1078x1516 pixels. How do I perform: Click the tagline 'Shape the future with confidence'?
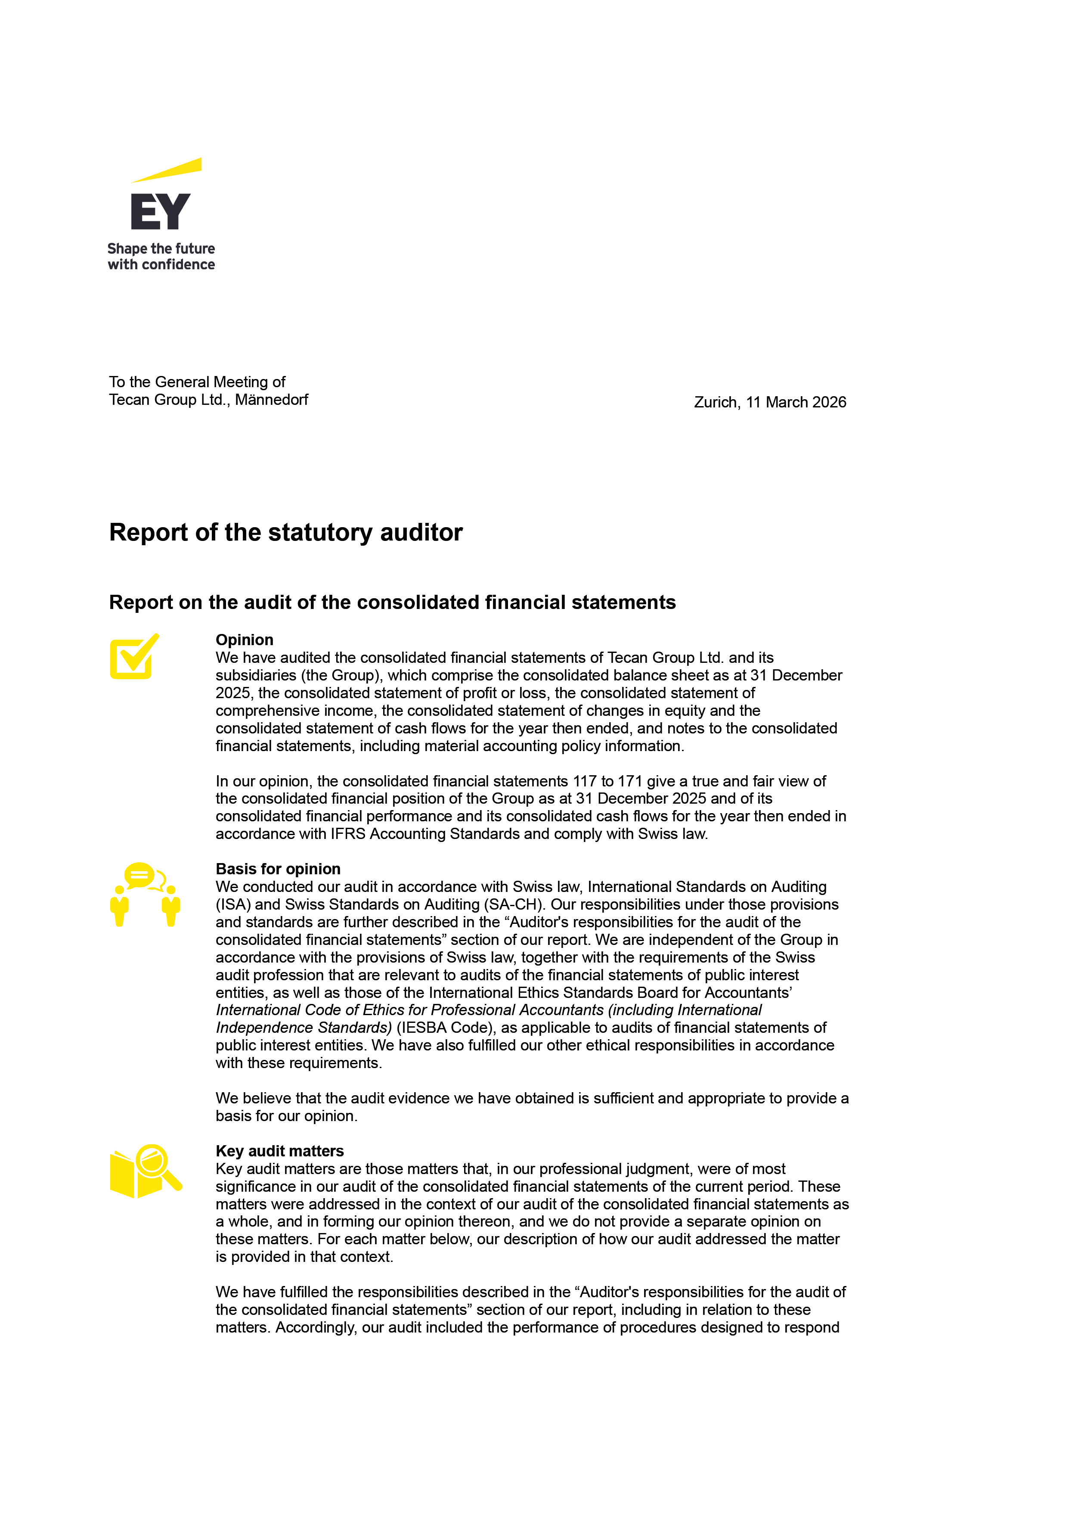[161, 256]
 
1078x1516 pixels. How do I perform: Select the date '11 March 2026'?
[796, 402]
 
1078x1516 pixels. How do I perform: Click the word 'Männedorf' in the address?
[272, 400]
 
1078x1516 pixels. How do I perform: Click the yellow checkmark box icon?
[134, 657]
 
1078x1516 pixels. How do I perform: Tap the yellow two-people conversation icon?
[145, 894]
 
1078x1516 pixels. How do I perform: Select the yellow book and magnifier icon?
[146, 1171]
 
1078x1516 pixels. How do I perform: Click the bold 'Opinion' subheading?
[244, 640]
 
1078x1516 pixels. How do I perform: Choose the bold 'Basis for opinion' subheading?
[278, 869]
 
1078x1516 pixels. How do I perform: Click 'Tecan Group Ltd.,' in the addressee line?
[169, 400]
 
